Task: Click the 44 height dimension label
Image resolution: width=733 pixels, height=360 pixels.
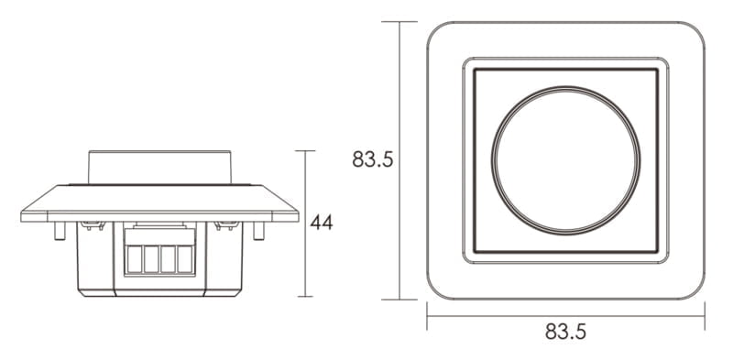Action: pos(322,223)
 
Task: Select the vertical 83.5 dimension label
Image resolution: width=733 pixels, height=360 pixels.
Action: pos(373,159)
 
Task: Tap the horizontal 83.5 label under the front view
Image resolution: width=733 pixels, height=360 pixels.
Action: pos(565,332)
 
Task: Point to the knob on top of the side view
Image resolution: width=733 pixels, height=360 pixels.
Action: pos(159,167)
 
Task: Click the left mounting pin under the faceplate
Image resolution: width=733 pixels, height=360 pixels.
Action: pos(60,231)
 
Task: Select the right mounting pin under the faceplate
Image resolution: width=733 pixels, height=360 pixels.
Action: pos(258,231)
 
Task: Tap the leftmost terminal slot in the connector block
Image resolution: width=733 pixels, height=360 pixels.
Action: pos(134,259)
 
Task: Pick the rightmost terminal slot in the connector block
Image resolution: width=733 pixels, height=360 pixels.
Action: pos(185,259)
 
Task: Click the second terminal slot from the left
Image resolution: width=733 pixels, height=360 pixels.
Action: pos(151,259)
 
